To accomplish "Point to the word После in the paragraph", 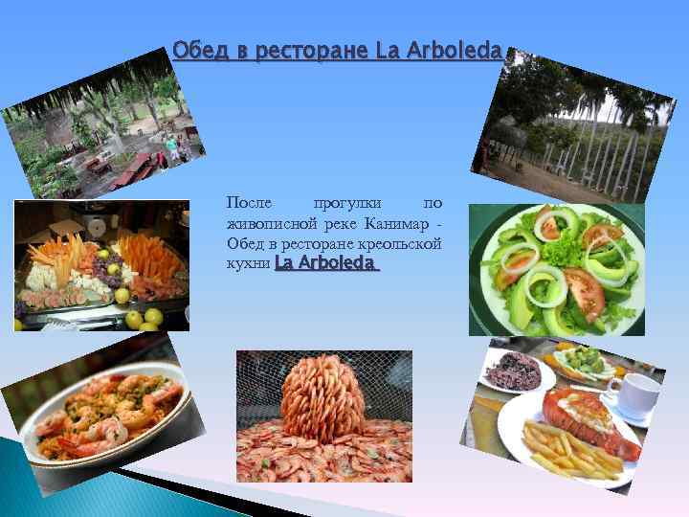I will point(249,203).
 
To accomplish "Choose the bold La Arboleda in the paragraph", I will point(326,262).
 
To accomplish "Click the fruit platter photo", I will point(102,265).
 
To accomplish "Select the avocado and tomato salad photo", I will point(556,270).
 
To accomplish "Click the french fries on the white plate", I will point(565,449).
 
